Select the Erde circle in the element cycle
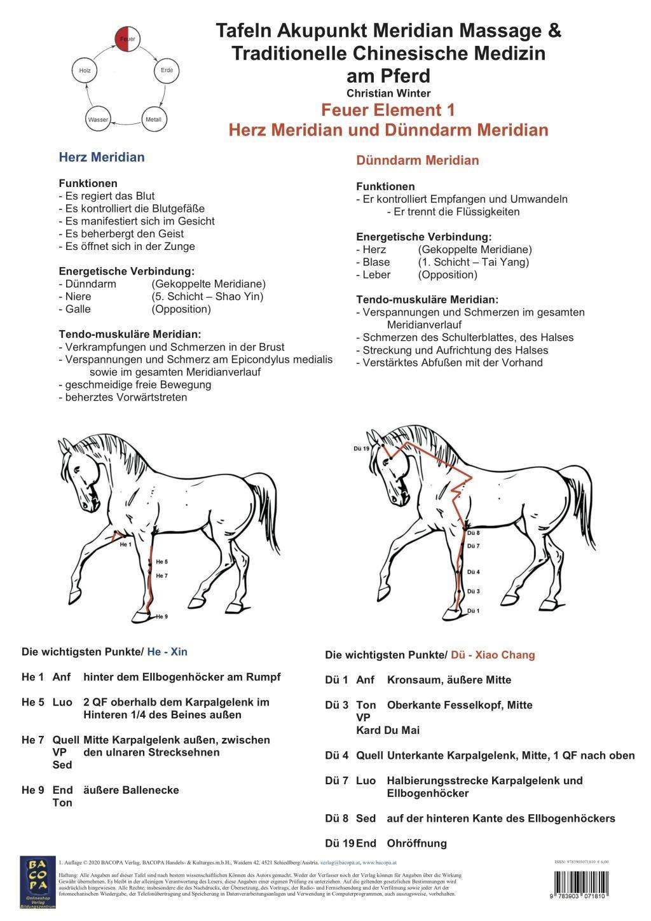click(x=167, y=71)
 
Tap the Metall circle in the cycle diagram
click(x=153, y=119)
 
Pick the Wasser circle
click(x=99, y=119)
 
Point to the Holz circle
click(x=85, y=71)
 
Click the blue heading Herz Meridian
click(x=101, y=157)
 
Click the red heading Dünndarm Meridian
click(x=417, y=160)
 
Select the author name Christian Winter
click(x=388, y=93)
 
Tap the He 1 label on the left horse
click(x=126, y=544)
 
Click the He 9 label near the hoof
click(x=161, y=616)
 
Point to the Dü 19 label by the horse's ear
click(x=361, y=448)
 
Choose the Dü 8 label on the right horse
click(x=474, y=533)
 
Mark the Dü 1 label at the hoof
click(x=474, y=611)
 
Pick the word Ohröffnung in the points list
click(x=416, y=843)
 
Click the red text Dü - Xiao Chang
click(x=493, y=654)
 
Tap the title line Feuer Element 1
click(x=388, y=110)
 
